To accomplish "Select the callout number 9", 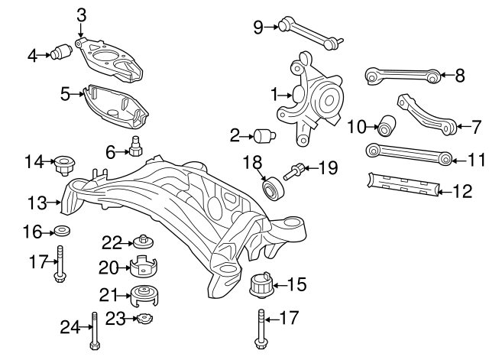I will point(258,28).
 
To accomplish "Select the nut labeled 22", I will point(142,242).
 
